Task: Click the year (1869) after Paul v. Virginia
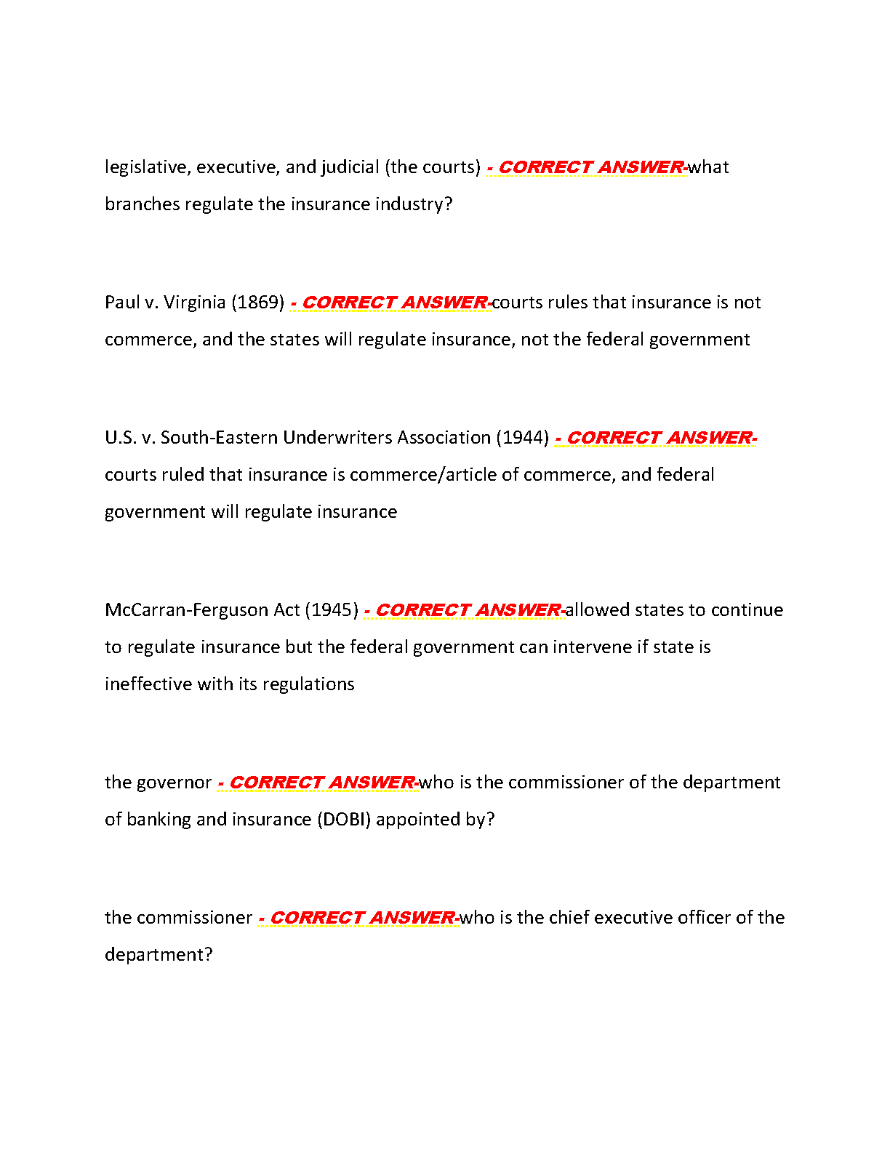click(257, 303)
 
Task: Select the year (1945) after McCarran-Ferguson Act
click(332, 610)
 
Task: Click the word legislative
click(145, 167)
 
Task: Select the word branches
click(142, 204)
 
